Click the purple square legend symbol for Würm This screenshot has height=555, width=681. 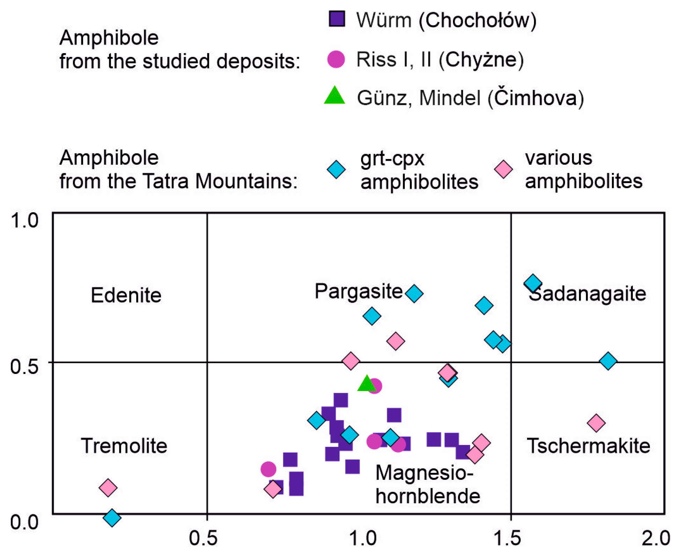point(337,19)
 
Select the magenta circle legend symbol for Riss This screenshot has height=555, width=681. point(336,59)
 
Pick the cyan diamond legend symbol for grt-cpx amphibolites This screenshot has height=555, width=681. point(336,170)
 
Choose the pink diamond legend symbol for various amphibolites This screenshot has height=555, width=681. point(503,170)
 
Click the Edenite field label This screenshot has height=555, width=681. point(126,295)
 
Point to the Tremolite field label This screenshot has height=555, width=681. point(124,446)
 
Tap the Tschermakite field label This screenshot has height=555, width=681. point(588,446)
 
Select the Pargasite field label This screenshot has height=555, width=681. point(359,291)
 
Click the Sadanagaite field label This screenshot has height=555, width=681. point(587,294)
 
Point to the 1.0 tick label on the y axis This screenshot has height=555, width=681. point(24,221)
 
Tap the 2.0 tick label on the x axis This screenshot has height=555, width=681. point(656,538)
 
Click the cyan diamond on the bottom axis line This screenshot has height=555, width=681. point(112,517)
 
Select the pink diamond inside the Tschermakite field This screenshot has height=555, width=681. point(596,423)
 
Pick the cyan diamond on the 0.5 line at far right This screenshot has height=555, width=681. point(608,361)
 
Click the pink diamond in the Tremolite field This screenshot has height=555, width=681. point(108,488)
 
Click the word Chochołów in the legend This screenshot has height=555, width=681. point(477,20)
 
